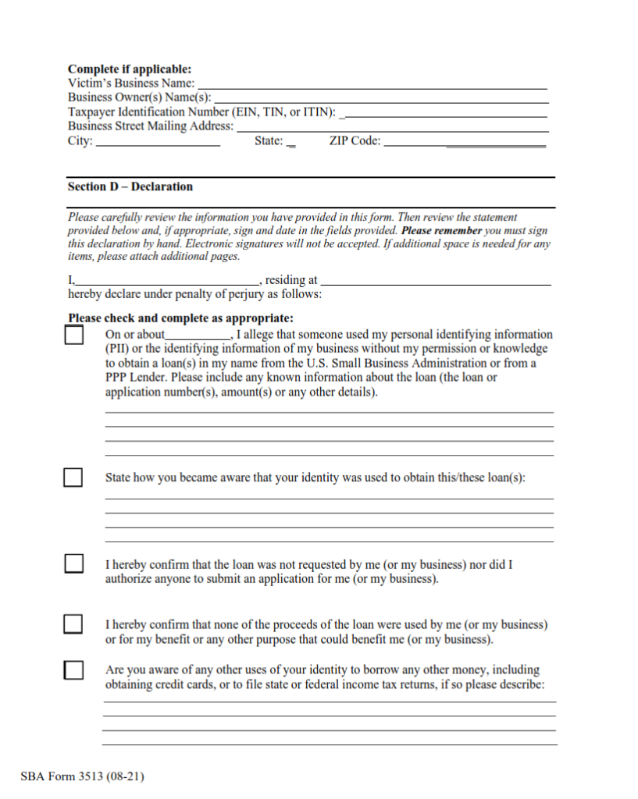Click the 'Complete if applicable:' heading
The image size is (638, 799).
pyautogui.click(x=129, y=69)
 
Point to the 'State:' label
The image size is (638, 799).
pyautogui.click(x=269, y=141)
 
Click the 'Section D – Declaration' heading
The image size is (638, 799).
pyautogui.click(x=130, y=187)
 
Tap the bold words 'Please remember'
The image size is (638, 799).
pyautogui.click(x=441, y=232)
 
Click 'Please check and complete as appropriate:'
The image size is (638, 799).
pyautogui.click(x=180, y=318)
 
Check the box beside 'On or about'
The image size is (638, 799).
pyautogui.click(x=73, y=336)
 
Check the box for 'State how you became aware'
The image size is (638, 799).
pyautogui.click(x=73, y=478)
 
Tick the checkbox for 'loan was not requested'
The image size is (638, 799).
pyautogui.click(x=73, y=563)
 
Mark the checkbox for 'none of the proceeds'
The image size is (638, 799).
pyautogui.click(x=73, y=624)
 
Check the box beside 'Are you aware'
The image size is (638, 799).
pyautogui.click(x=73, y=669)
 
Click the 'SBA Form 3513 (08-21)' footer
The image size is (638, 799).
pyautogui.click(x=83, y=776)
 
